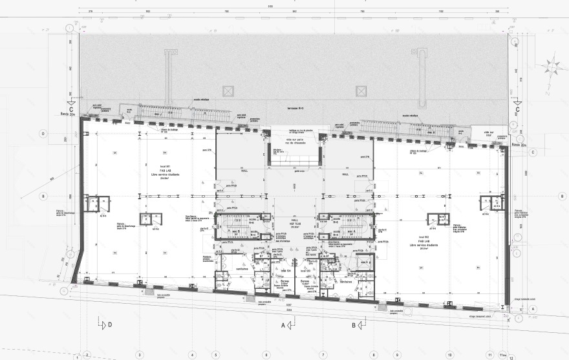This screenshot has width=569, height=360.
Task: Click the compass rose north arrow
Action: (552, 65)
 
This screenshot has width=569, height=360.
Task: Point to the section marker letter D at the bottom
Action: (110, 324)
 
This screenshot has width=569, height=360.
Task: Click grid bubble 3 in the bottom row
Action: (140, 355)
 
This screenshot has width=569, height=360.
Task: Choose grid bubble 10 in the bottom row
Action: (449, 355)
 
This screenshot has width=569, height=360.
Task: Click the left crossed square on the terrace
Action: (227, 91)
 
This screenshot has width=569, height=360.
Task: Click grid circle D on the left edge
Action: (43, 134)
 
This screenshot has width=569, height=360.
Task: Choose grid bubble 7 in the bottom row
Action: (322, 355)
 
